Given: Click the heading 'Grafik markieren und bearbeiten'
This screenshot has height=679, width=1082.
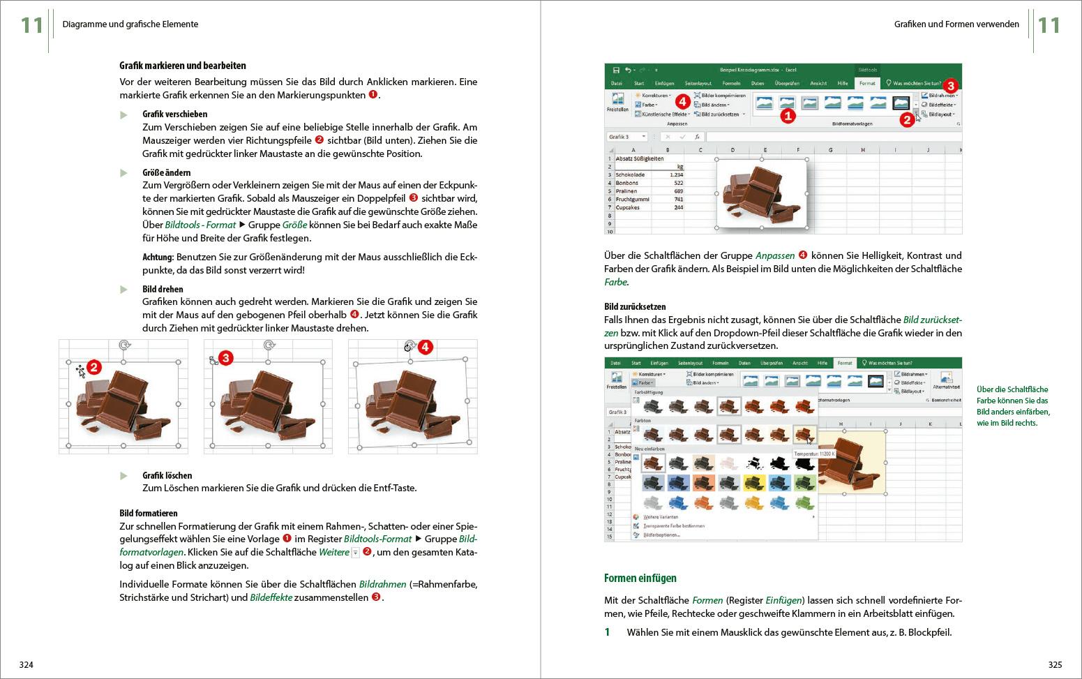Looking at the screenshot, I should coord(183,66).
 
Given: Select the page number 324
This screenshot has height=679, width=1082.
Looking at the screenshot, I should coord(26,664).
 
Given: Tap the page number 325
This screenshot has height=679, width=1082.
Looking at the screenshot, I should coord(1055,664).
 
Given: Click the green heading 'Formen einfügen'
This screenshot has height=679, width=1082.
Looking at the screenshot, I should coord(640,578).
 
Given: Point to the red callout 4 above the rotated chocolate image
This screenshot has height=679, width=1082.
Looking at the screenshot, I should coord(426,347).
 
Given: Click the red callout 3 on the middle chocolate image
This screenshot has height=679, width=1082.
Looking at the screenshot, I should coord(225,358).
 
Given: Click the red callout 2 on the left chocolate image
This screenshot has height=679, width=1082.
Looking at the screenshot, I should coord(95,367).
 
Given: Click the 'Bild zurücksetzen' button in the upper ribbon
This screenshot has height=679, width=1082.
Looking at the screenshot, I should coord(719,114).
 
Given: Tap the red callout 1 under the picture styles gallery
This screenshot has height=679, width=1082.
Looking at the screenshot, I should coord(787,116).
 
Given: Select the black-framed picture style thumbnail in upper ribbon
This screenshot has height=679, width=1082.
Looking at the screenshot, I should coord(901,103).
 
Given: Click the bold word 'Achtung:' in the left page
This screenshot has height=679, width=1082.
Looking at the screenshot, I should coord(158,257).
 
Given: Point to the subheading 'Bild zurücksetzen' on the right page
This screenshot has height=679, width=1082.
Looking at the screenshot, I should coord(635,306).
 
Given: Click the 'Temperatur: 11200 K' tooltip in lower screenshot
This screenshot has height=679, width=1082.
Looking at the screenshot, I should coord(814,454).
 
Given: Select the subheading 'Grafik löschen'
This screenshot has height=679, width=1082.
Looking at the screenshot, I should coord(167,475).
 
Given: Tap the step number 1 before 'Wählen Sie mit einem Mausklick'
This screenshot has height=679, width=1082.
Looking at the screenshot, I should coord(607,632).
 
